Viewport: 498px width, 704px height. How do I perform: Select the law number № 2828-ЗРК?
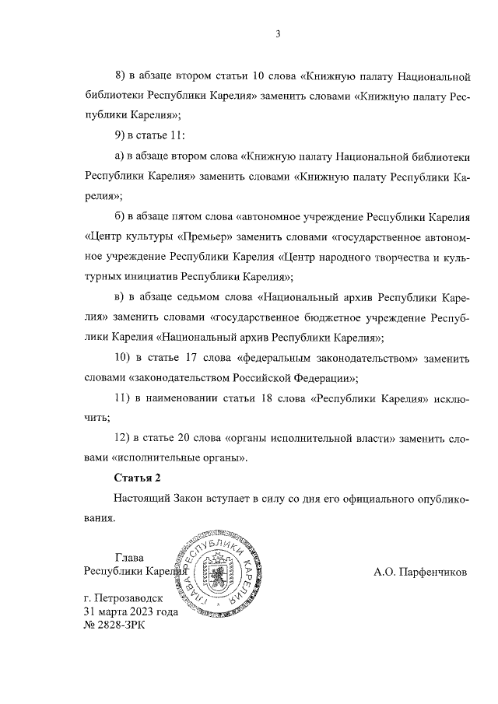pyautogui.click(x=114, y=625)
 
